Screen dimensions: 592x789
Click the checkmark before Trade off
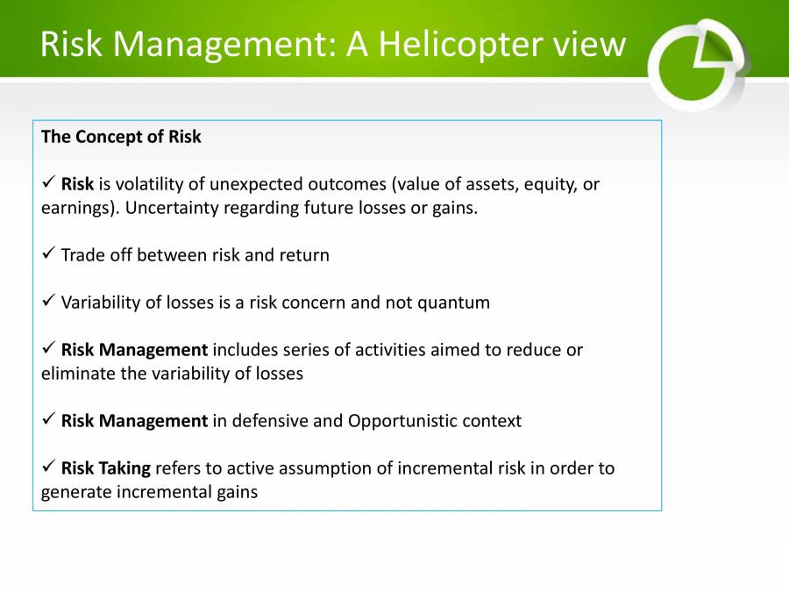(49, 255)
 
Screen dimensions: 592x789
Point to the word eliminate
(75, 373)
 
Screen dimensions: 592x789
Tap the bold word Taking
(124, 468)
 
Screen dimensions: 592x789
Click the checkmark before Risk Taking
(49, 467)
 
